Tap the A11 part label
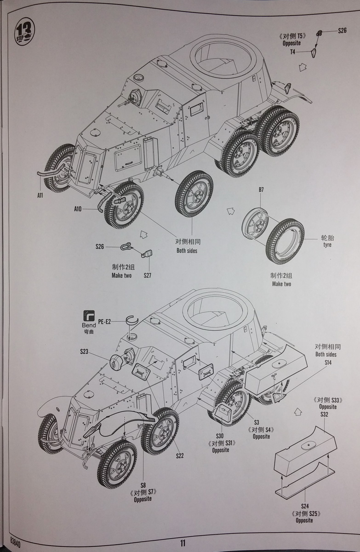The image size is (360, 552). [40, 195]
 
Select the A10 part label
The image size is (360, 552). [78, 209]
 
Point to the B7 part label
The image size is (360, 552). [261, 190]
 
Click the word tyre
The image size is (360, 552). [327, 245]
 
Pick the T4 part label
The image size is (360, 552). [292, 52]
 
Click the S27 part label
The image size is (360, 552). [147, 276]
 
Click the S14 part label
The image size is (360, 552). [328, 362]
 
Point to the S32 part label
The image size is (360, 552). [324, 414]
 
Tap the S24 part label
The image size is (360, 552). [304, 506]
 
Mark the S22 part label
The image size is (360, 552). [180, 456]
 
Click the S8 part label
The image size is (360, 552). [143, 484]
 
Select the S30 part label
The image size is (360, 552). [220, 436]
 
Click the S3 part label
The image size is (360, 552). [257, 422]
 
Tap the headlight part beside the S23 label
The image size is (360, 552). [117, 362]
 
